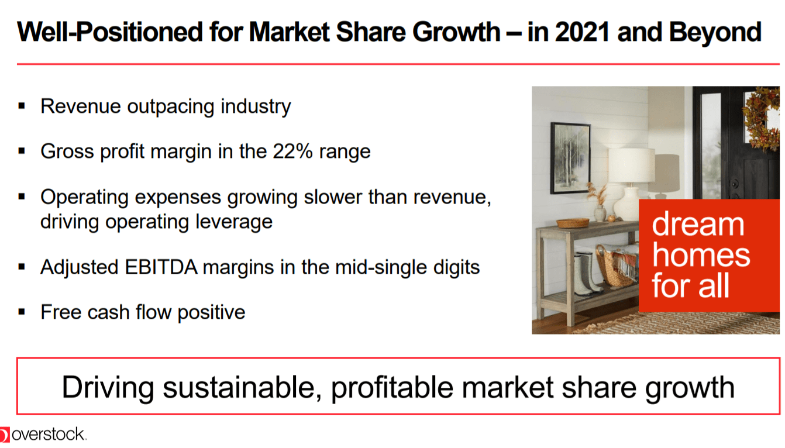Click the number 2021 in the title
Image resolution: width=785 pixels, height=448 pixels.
582,32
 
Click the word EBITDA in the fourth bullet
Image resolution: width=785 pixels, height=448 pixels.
161,267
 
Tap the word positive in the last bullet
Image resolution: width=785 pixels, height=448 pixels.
211,312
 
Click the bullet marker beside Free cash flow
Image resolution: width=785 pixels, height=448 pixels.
22,312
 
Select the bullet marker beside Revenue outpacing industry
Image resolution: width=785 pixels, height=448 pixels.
22,106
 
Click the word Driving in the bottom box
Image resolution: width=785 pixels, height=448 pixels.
108,388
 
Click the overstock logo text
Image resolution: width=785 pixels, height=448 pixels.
48,435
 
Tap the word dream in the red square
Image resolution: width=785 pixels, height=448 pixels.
698,224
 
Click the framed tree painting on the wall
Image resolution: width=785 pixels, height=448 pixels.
570,158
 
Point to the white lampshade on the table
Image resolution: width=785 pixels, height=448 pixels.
631,166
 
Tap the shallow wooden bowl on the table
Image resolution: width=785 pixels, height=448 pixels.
573,223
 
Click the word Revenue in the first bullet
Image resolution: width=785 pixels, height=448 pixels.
81,106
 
